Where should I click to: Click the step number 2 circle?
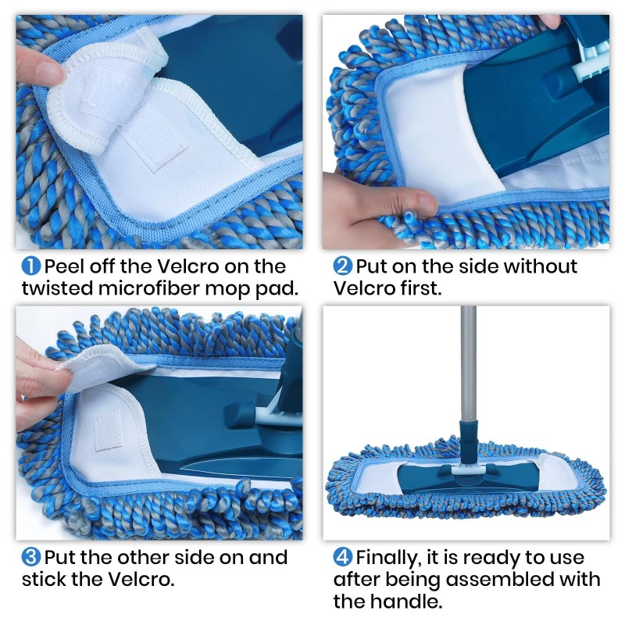click(343, 266)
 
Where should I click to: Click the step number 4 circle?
click(343, 558)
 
